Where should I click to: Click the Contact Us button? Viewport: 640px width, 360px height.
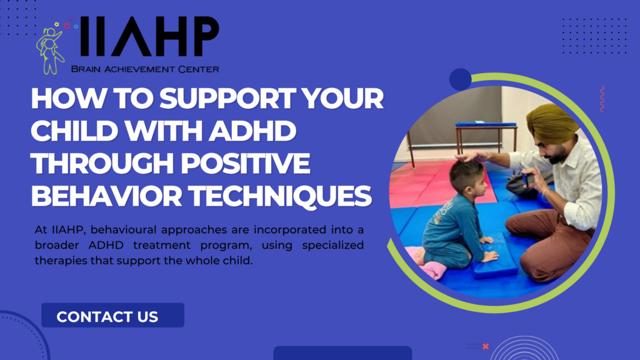112,316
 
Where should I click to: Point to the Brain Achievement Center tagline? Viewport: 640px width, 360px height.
145,69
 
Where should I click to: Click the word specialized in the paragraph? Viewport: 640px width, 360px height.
318,245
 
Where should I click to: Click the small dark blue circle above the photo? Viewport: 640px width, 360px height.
461,79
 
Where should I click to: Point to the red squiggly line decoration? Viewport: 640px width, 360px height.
601,99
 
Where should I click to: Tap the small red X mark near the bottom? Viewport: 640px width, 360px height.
486,346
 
